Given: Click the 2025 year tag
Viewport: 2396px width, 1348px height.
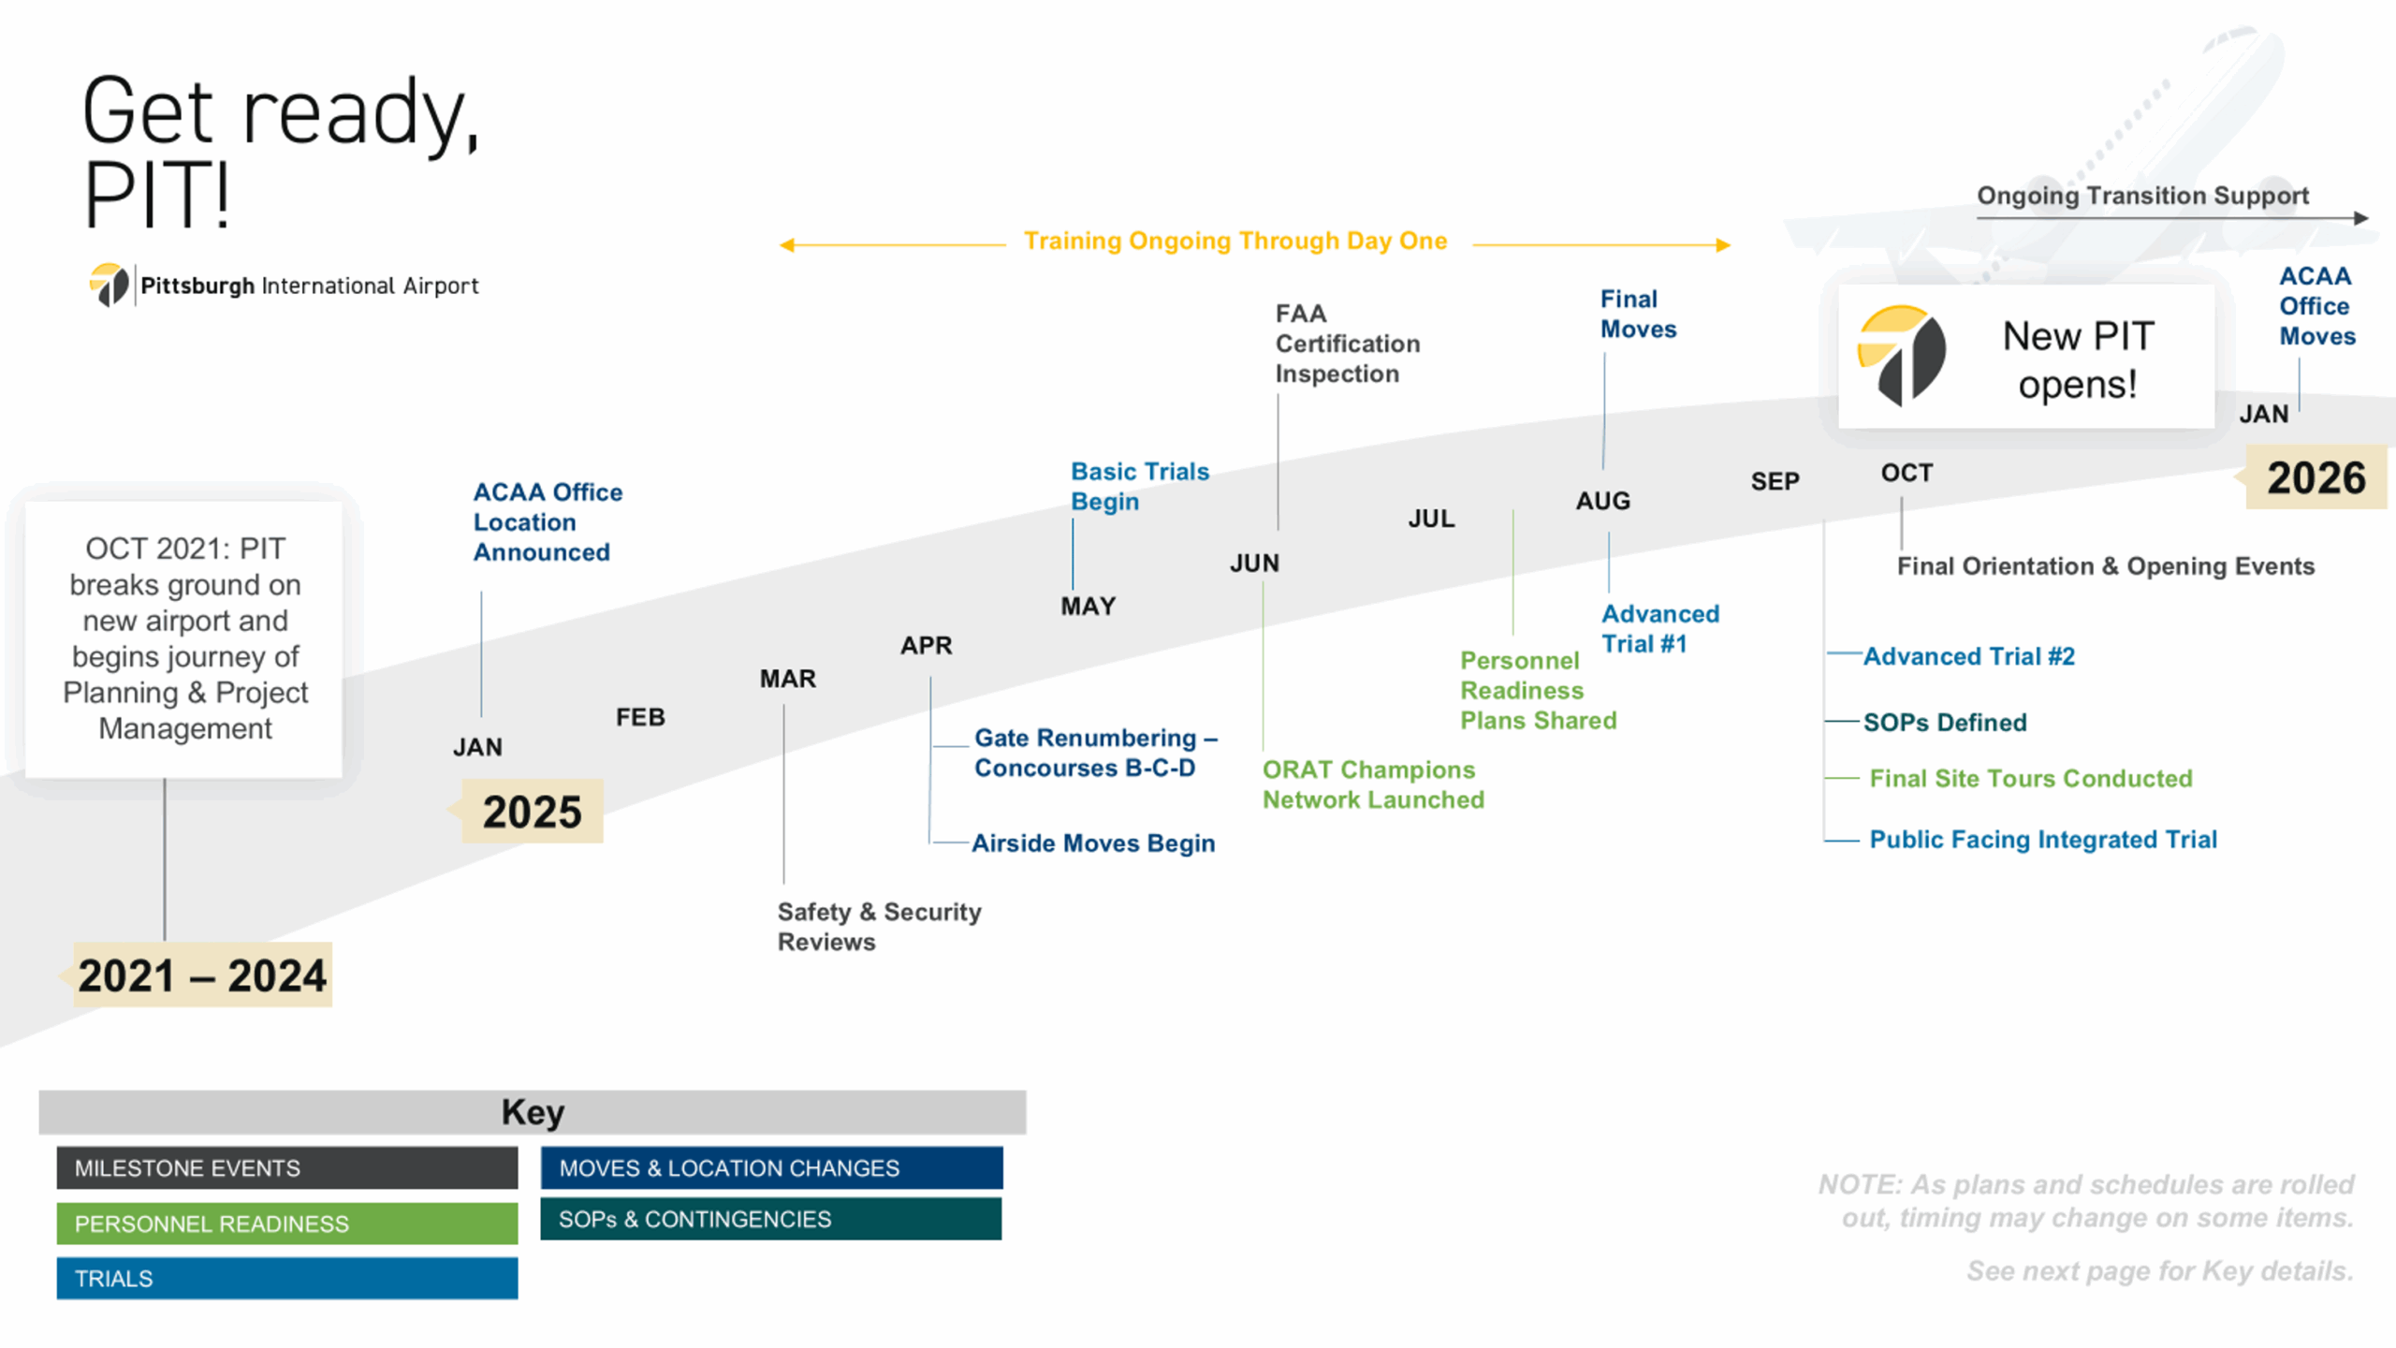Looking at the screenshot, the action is coord(532,812).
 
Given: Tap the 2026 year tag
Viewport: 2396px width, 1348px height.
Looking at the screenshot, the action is coord(2316,477).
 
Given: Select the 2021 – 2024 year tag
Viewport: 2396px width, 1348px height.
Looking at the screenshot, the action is coord(201,975).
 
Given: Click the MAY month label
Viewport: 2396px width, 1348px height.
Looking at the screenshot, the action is coord(1088,607).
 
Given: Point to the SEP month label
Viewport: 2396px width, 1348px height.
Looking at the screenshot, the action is coord(1775,481).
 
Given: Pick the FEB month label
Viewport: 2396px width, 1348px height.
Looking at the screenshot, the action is coord(640,717).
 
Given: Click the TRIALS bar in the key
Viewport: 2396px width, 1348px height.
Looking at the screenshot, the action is coord(287,1279).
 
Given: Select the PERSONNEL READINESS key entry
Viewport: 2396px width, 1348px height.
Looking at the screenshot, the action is coord(287,1223).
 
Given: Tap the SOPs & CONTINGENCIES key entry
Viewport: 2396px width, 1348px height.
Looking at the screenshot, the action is coord(771,1219).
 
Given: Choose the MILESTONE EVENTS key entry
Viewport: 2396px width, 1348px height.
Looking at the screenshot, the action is coord(287,1168).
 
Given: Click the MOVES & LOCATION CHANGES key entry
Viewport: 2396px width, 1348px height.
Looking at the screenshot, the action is coord(771,1168).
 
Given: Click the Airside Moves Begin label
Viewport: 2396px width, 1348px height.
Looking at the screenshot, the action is coord(1093,843).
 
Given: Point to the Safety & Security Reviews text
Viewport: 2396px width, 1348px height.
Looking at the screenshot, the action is coord(879,927).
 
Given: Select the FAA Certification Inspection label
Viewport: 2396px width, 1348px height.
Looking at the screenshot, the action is coord(1347,344).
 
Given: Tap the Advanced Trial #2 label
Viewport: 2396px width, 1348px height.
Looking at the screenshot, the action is coord(1968,656).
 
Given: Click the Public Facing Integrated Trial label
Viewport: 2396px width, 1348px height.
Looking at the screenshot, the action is coord(2043,840).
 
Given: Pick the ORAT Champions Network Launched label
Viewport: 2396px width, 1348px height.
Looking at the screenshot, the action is coord(1373,784).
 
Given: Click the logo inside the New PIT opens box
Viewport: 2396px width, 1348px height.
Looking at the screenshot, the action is coord(1901,356).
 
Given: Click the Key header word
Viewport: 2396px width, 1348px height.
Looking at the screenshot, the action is coord(533,1112).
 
